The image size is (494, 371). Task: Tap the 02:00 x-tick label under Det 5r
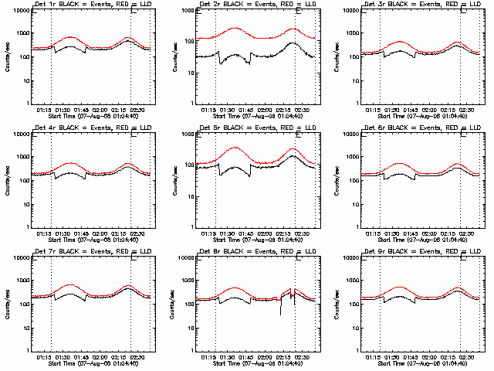click(x=264, y=233)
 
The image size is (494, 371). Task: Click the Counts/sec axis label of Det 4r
click(x=6, y=180)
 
